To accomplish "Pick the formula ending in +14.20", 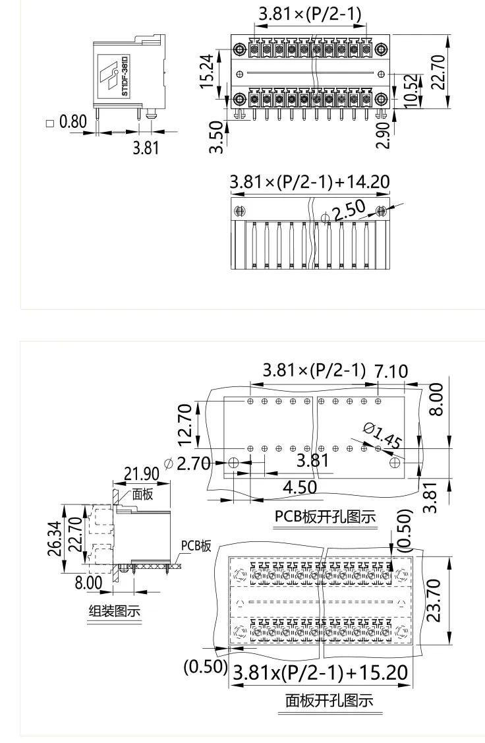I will tap(309, 182).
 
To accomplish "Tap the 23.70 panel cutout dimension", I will tap(433, 600).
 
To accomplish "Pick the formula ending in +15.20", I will tap(321, 673).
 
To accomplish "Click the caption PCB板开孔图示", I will tap(326, 516).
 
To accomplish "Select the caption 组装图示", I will tap(115, 611).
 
